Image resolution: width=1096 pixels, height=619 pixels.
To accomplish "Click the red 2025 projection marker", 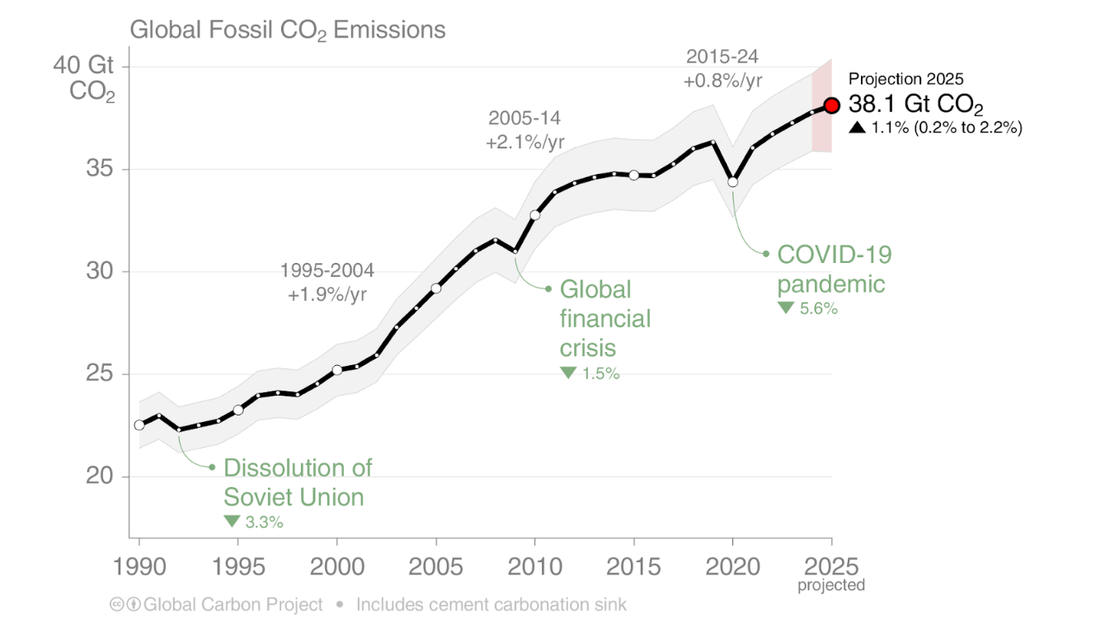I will pyautogui.click(x=831, y=106).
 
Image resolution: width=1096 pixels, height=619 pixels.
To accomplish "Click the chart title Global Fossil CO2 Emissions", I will pyautogui.click(x=287, y=30).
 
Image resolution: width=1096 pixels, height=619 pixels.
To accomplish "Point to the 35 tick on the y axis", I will pyautogui.click(x=101, y=170).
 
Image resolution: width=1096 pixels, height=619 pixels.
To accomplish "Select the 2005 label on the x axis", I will pyautogui.click(x=435, y=567).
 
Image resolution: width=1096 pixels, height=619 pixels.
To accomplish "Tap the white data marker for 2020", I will pyautogui.click(x=732, y=181).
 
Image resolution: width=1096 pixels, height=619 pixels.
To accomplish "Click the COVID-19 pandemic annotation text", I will pyautogui.click(x=834, y=269).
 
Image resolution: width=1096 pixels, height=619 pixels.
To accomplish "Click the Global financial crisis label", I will pyautogui.click(x=605, y=318).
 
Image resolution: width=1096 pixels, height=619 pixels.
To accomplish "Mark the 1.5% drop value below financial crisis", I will pyautogui.click(x=600, y=373).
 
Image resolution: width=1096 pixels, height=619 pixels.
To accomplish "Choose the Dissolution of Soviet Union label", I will pyautogui.click(x=298, y=482).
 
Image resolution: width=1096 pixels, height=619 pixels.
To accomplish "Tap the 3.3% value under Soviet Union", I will pyautogui.click(x=264, y=522).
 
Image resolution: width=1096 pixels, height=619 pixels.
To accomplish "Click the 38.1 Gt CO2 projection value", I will pyautogui.click(x=915, y=105).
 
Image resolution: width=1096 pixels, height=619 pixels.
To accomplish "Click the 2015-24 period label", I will pyautogui.click(x=722, y=57).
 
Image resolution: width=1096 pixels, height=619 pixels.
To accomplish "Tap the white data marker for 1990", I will pyautogui.click(x=139, y=425).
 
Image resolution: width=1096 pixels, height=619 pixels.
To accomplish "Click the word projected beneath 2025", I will pyautogui.click(x=831, y=586).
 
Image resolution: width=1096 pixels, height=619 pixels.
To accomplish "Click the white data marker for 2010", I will pyautogui.click(x=534, y=215).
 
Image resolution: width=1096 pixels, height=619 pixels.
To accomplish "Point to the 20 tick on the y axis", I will pyautogui.click(x=101, y=477).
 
